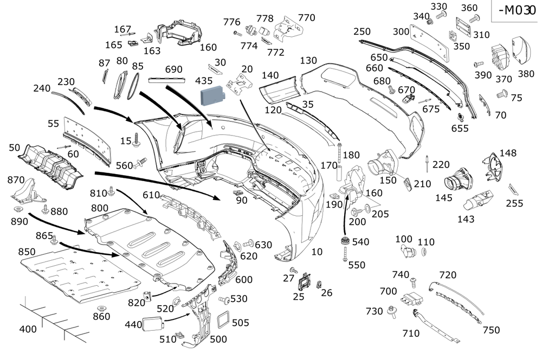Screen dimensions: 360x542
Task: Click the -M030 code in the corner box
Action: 514,11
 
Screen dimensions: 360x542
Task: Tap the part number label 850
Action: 27,252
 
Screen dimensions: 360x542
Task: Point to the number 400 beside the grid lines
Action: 28,329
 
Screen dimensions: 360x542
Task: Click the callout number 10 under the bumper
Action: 317,252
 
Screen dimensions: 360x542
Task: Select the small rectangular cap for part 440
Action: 152,324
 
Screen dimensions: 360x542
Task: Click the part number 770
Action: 306,18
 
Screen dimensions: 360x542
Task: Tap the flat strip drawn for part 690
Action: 166,80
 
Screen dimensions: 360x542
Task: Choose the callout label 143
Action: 466,219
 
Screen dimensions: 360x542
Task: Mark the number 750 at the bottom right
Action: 491,330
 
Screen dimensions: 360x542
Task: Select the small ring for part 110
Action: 424,252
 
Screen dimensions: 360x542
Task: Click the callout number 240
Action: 42,88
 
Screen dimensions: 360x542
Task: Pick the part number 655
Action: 460,128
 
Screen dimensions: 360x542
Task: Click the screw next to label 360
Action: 475,18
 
